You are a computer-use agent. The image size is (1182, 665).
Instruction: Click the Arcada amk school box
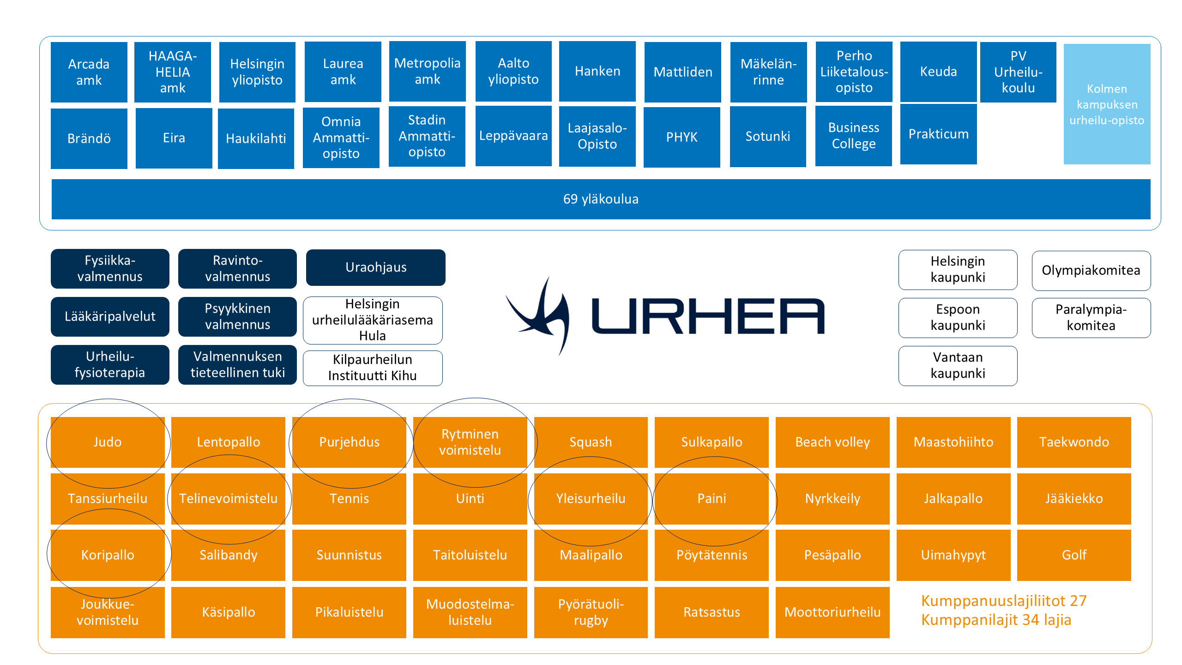[89, 72]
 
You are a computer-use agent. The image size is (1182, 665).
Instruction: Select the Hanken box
[597, 71]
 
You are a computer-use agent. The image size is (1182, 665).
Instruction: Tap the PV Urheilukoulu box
[1018, 72]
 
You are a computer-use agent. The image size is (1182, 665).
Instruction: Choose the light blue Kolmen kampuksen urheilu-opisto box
[1107, 104]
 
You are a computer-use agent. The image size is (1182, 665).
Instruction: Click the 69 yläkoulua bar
[601, 199]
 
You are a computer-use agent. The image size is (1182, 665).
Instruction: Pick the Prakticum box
[938, 134]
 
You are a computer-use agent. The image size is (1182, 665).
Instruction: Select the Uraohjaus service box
[376, 267]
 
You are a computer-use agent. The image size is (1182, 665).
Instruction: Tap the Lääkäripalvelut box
[110, 316]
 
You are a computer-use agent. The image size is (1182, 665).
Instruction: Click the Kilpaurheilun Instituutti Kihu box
[373, 368]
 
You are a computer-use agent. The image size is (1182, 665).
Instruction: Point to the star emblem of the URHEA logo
[540, 316]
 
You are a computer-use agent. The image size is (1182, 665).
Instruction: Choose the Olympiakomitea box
[1091, 271]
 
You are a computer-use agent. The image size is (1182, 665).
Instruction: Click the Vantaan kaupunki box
[958, 365]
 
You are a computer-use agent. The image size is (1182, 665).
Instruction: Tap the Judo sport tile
[108, 442]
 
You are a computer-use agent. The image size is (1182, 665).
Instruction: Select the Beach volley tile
[832, 442]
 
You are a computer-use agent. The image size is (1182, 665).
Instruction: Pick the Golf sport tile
[1074, 555]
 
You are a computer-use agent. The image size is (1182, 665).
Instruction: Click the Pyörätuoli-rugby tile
[591, 612]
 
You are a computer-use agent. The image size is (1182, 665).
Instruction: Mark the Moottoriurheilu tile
[832, 612]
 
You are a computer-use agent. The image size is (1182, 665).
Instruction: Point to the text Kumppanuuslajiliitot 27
[1004, 601]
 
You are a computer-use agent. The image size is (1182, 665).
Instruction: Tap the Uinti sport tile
[470, 499]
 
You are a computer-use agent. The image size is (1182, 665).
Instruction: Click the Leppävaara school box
[513, 136]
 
